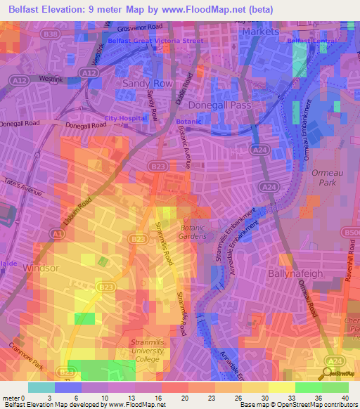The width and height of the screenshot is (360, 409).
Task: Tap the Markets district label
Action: [260, 32]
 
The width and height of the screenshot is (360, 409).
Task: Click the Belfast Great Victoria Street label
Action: [155, 41]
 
